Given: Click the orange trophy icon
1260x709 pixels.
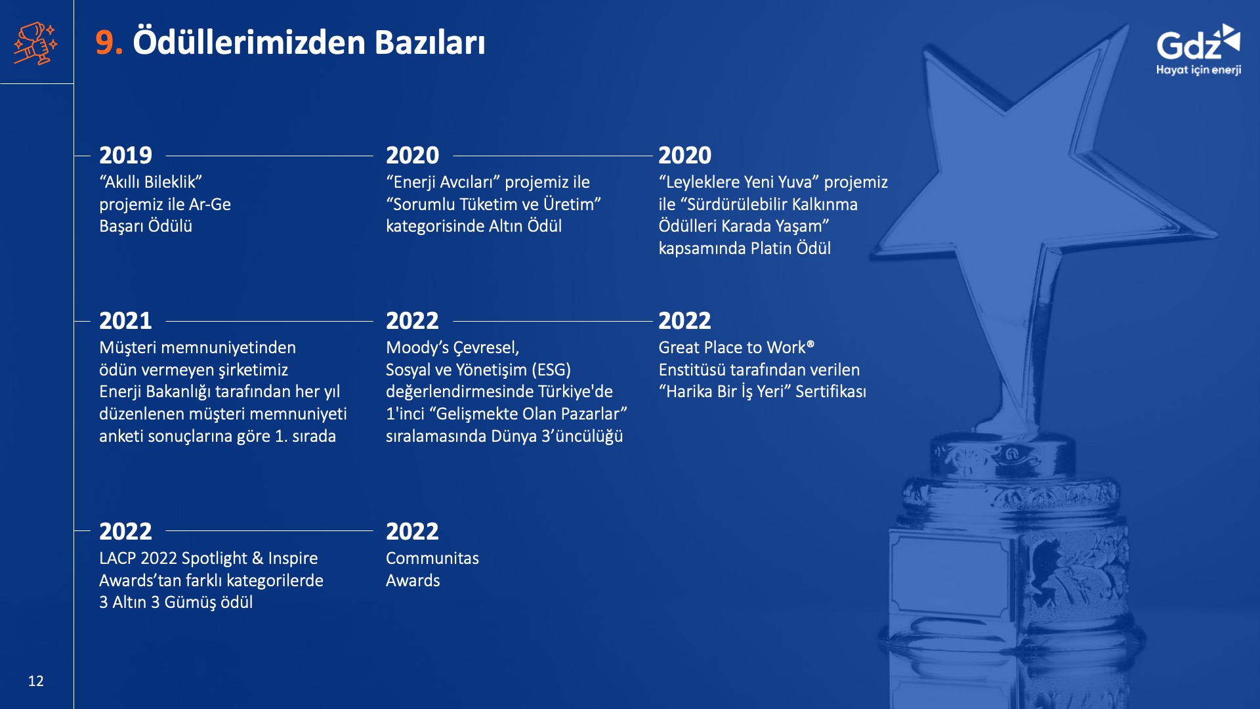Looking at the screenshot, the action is coord(35,43).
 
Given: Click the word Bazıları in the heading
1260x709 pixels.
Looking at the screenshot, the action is coord(430,43).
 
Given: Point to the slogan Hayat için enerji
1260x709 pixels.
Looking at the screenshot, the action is coord(1198,70).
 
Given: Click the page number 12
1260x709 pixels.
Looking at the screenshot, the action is coord(36,681).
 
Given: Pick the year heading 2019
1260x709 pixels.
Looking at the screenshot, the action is coord(125,156).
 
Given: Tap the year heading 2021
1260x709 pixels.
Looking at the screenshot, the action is coord(125,321).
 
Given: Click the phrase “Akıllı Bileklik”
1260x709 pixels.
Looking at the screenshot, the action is coord(150,182).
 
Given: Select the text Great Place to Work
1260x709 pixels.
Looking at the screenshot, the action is coord(732,348).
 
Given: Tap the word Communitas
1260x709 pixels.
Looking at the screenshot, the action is coord(432,559).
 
